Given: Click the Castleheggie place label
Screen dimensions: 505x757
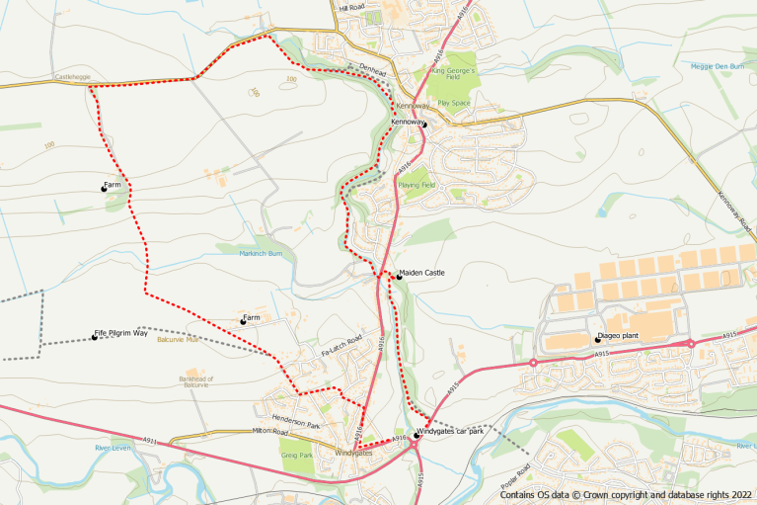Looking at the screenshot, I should (72, 75).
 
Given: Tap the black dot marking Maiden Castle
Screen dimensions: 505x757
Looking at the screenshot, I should (399, 277).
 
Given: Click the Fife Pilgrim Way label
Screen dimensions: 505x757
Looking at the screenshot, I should (121, 334).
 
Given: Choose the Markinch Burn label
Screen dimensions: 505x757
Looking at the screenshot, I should (261, 253).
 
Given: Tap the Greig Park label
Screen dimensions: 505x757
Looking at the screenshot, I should (296, 456).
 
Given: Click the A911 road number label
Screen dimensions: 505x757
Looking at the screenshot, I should (150, 440).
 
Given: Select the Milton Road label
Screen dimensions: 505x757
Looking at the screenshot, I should (268, 432).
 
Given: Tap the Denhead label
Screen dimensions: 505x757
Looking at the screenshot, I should (371, 67).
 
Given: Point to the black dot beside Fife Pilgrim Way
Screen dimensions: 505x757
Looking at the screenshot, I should (95, 338).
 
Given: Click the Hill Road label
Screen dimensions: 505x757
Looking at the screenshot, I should (352, 7).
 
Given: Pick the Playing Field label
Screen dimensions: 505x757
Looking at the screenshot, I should (416, 185).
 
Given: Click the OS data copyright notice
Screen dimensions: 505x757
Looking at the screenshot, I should (625, 496).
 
